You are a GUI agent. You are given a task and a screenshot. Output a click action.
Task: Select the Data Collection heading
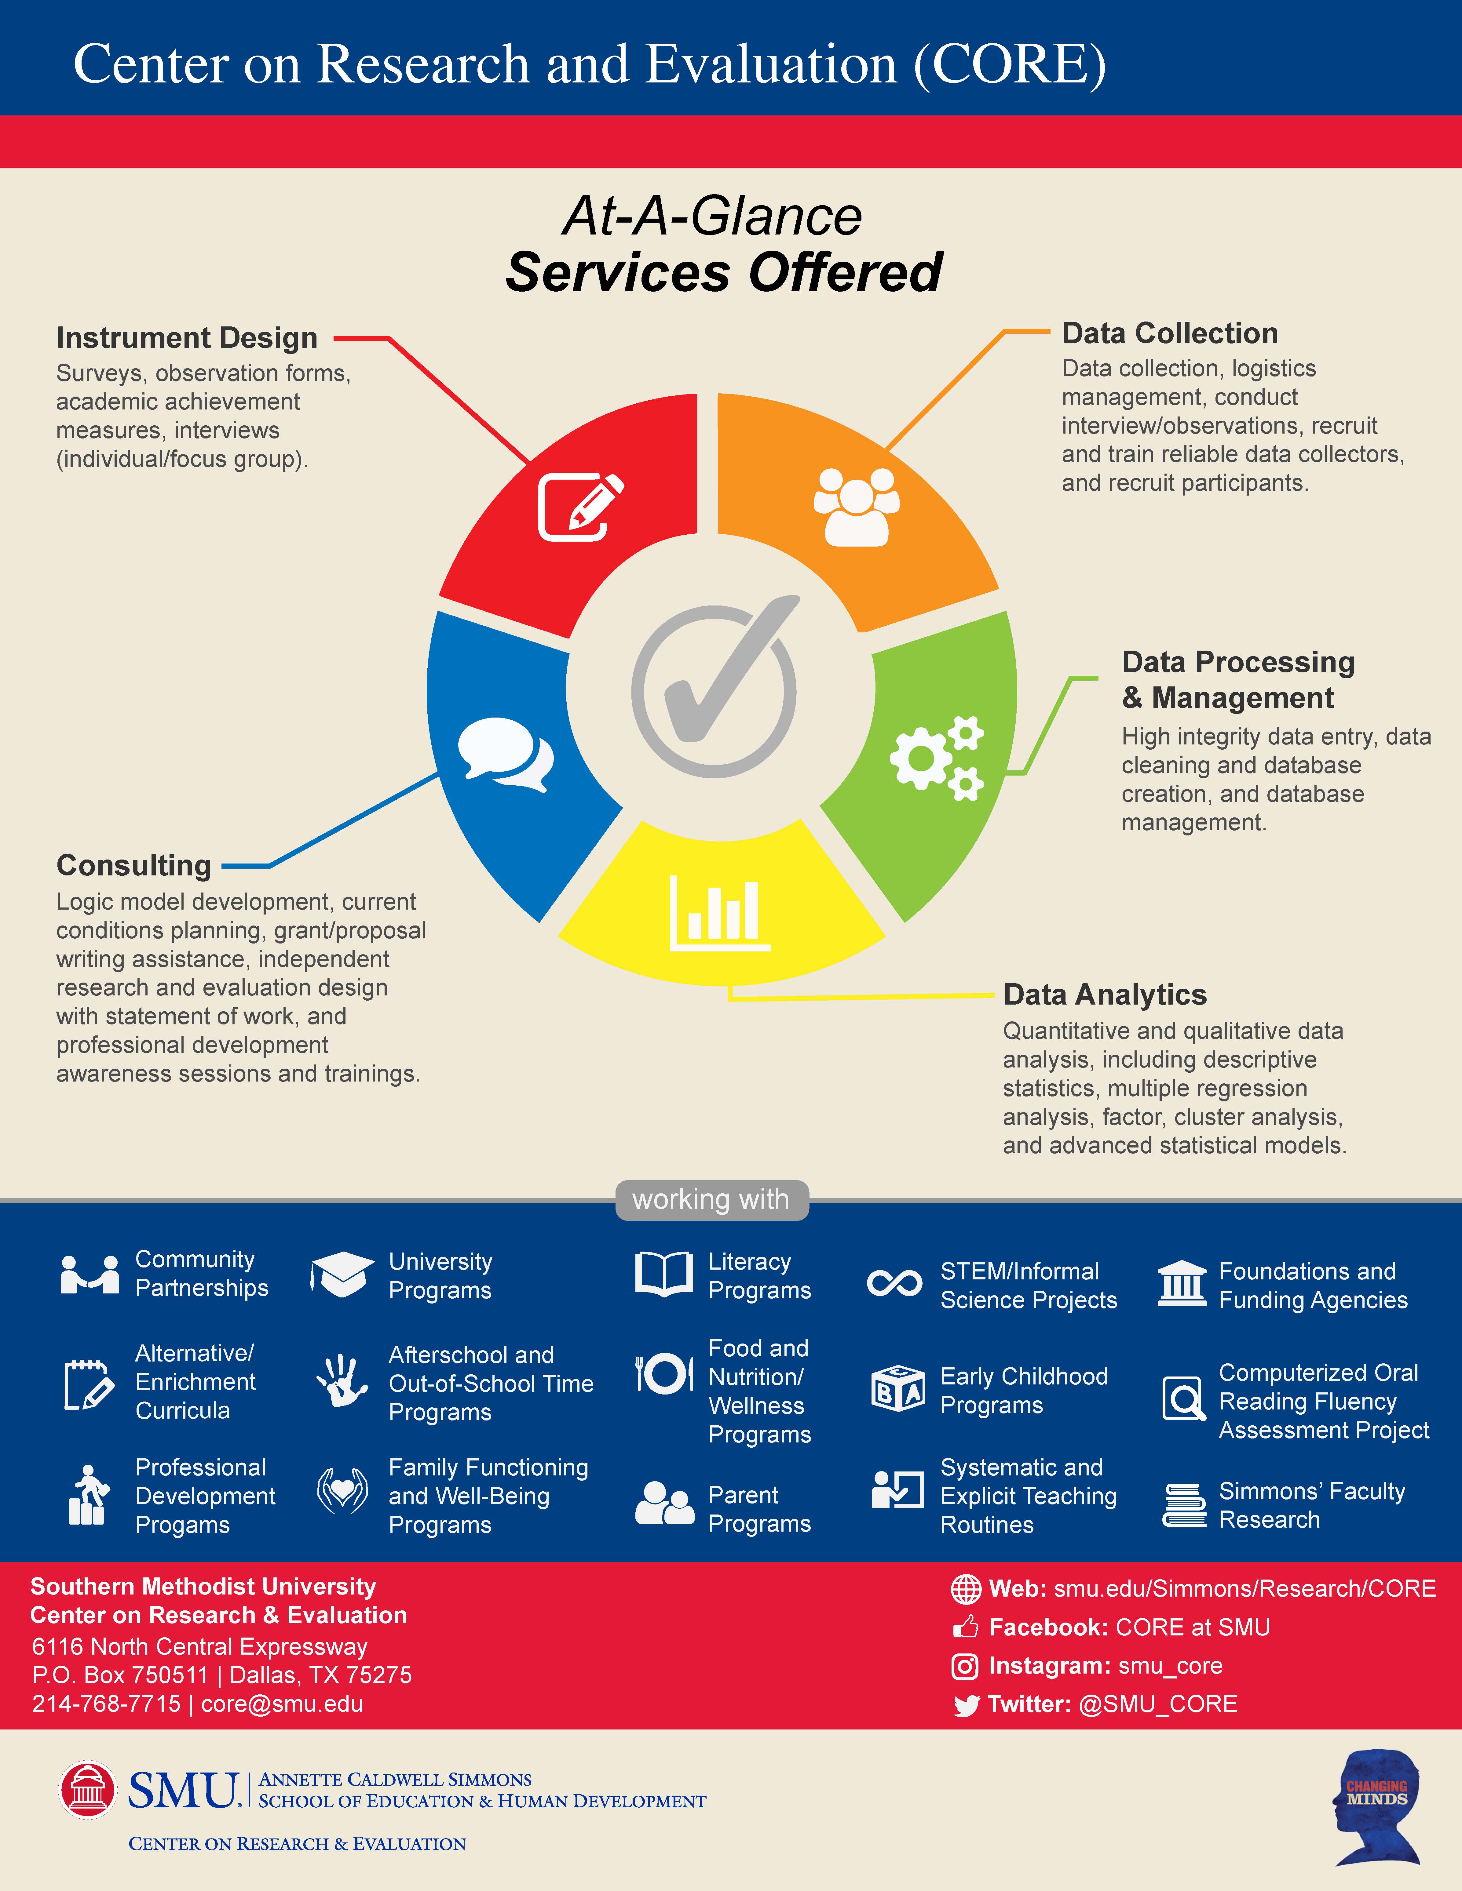[x=1169, y=333]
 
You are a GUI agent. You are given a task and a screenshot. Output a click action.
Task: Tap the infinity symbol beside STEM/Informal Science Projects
[x=895, y=1283]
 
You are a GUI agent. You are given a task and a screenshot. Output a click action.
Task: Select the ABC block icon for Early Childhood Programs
[x=897, y=1389]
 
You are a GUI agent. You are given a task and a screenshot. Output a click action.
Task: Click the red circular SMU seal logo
[x=87, y=1790]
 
